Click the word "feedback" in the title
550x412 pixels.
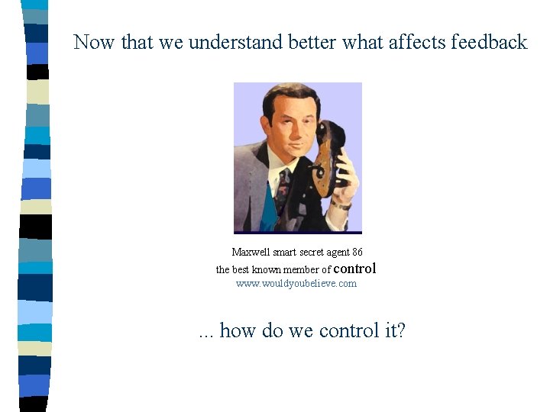pos(489,42)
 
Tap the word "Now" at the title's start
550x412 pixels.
pos(94,42)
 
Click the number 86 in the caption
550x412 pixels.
pos(357,252)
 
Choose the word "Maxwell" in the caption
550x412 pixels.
pos(251,252)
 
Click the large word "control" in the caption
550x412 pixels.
pos(355,268)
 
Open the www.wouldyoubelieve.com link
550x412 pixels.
pos(296,284)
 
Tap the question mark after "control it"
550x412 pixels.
pos(401,330)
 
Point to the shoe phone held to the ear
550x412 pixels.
pos(328,156)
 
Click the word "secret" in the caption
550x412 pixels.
pos(312,252)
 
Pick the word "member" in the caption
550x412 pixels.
pos(300,269)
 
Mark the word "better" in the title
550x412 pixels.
pos(312,42)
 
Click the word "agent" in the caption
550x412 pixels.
pos(339,252)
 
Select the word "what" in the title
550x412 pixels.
pos(363,42)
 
